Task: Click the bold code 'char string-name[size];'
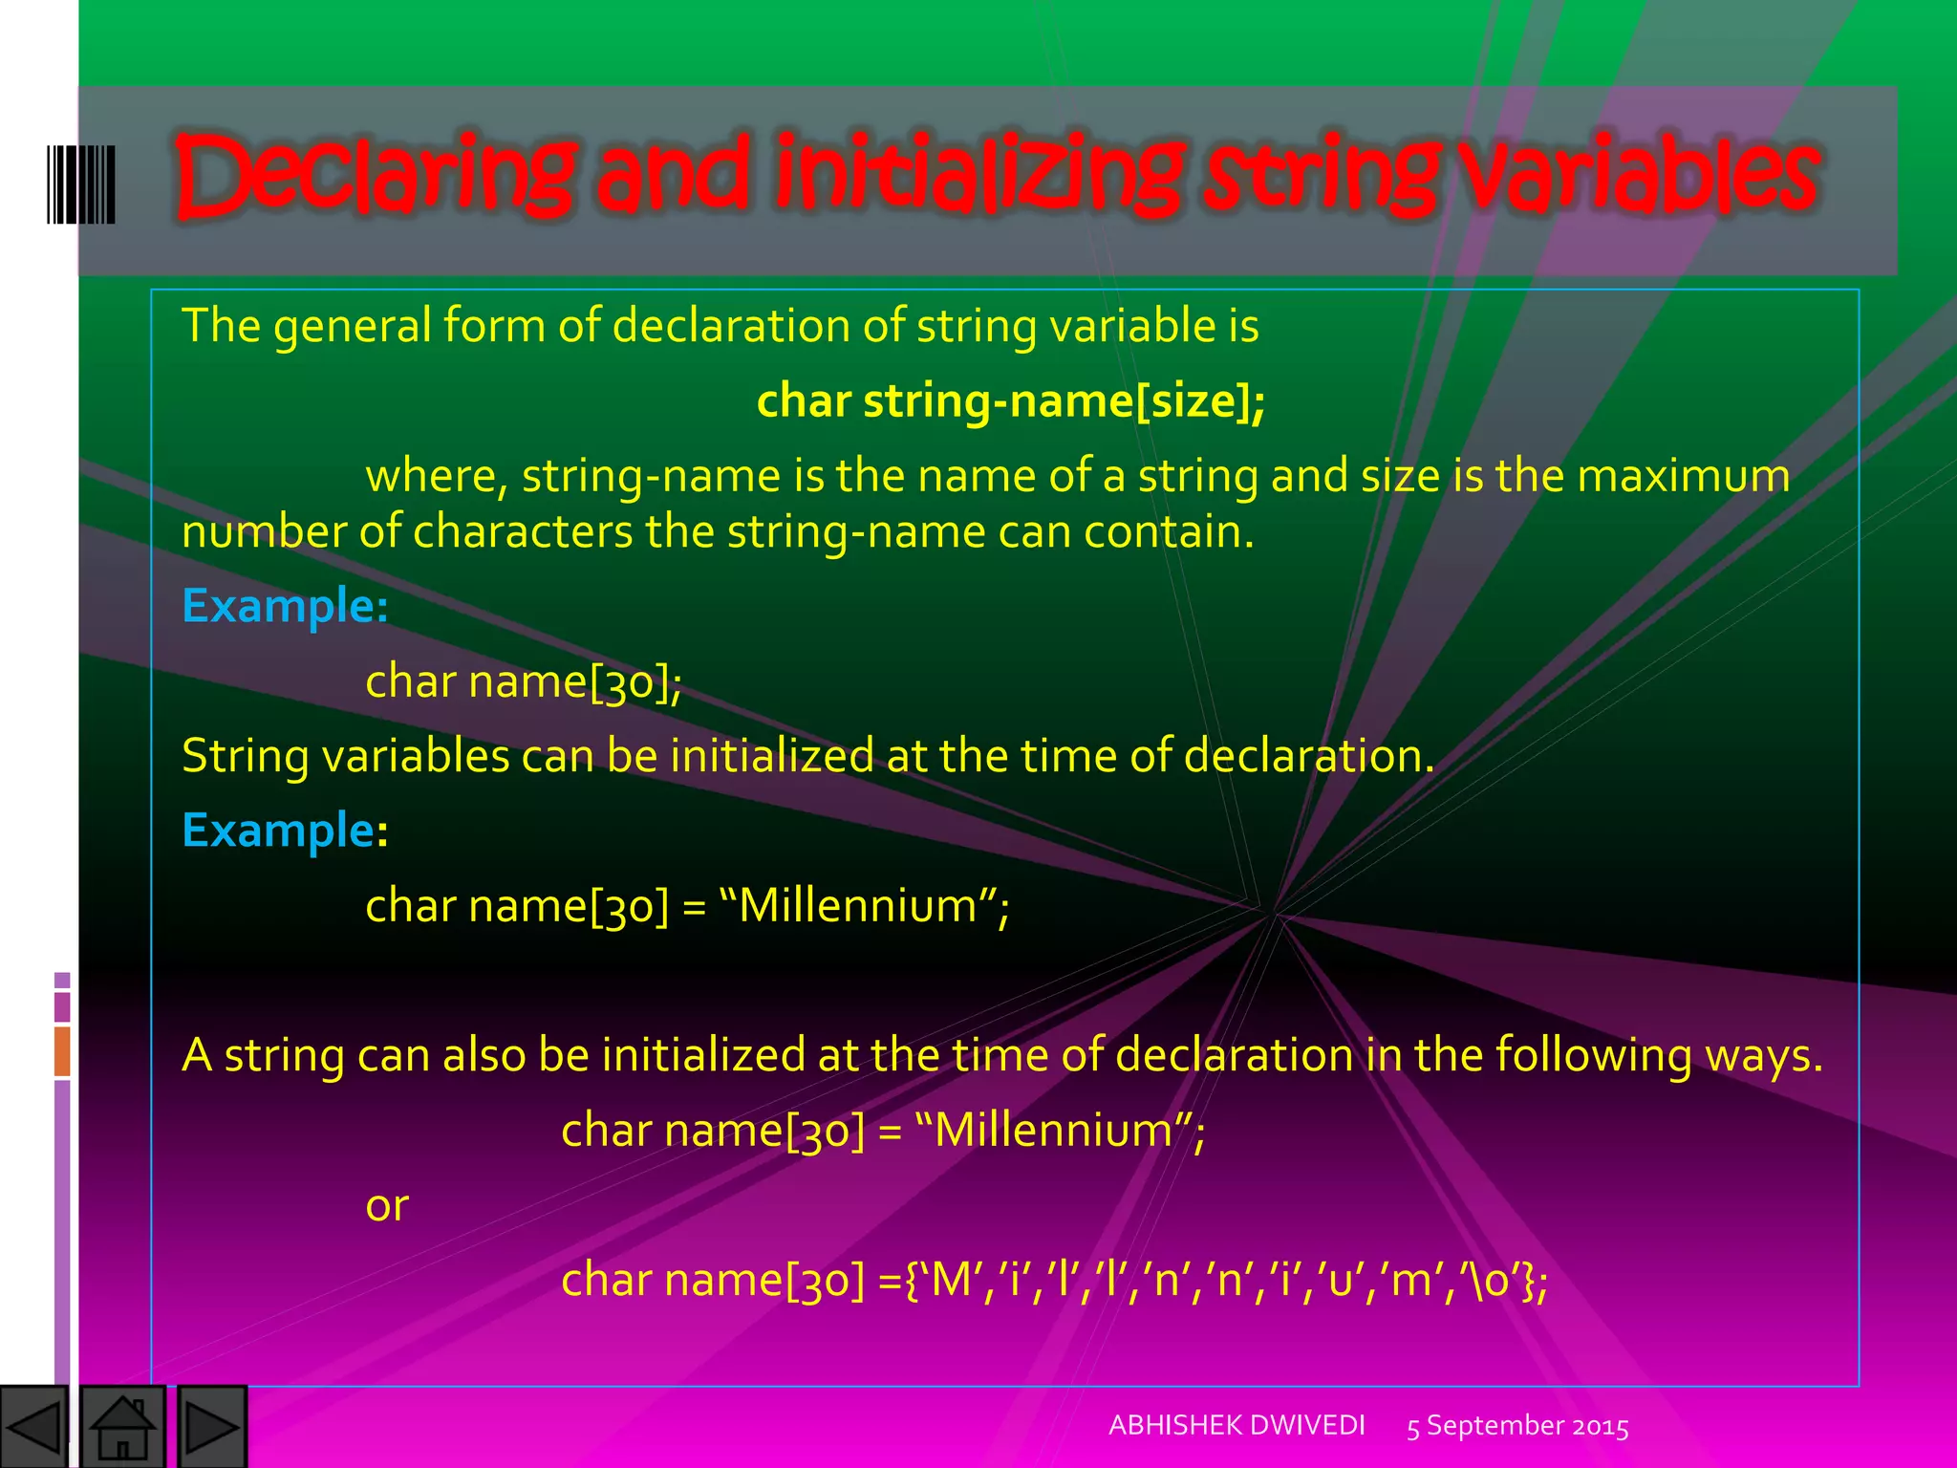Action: click(x=1011, y=400)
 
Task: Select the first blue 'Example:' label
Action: click(x=285, y=606)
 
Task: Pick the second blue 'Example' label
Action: click(x=278, y=830)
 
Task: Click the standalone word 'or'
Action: click(x=387, y=1205)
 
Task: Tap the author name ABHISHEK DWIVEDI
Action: click(x=1237, y=1425)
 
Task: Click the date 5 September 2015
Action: click(x=1517, y=1427)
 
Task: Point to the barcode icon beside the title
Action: click(x=81, y=184)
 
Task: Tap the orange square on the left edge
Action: click(x=62, y=1050)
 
